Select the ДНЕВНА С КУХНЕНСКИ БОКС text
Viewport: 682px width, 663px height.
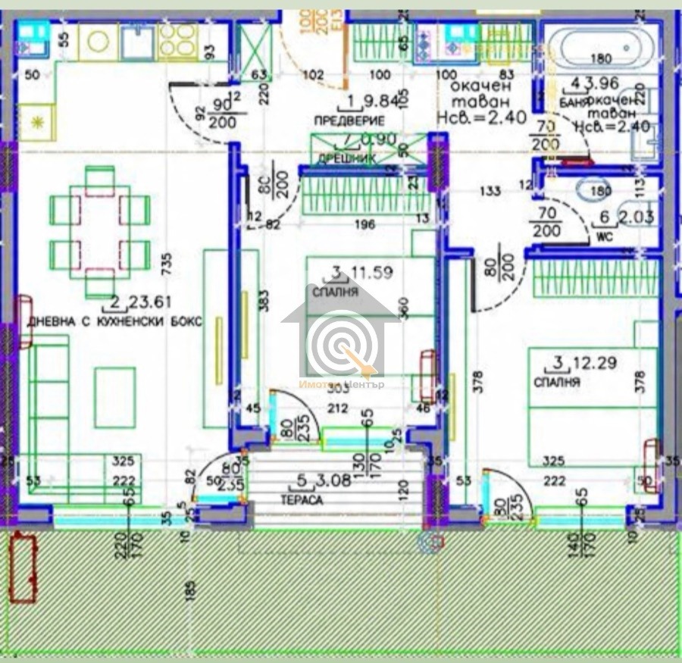[x=114, y=321]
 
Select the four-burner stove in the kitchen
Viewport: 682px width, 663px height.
[x=177, y=41]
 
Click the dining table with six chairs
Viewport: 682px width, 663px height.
[x=100, y=230]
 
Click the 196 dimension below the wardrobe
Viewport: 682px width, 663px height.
[x=364, y=224]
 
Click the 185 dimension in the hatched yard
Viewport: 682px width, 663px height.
[x=189, y=588]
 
